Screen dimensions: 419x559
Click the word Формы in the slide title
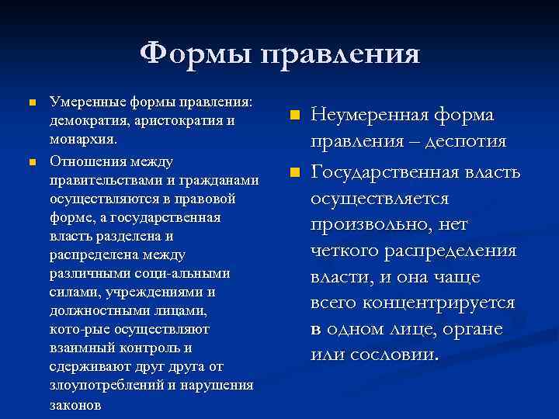196,54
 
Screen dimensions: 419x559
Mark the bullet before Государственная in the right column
294,171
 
